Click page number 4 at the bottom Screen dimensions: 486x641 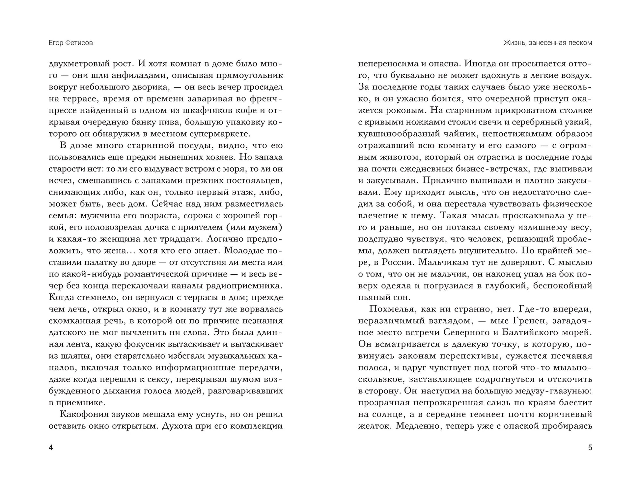click(51, 448)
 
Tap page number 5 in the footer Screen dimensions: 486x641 click(590, 448)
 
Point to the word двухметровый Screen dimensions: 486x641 click(78, 64)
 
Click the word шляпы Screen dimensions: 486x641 click(72, 356)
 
